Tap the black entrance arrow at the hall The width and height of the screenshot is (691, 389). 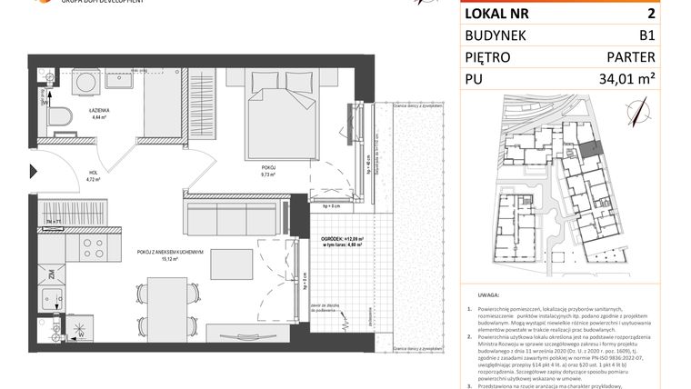coord(33,169)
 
